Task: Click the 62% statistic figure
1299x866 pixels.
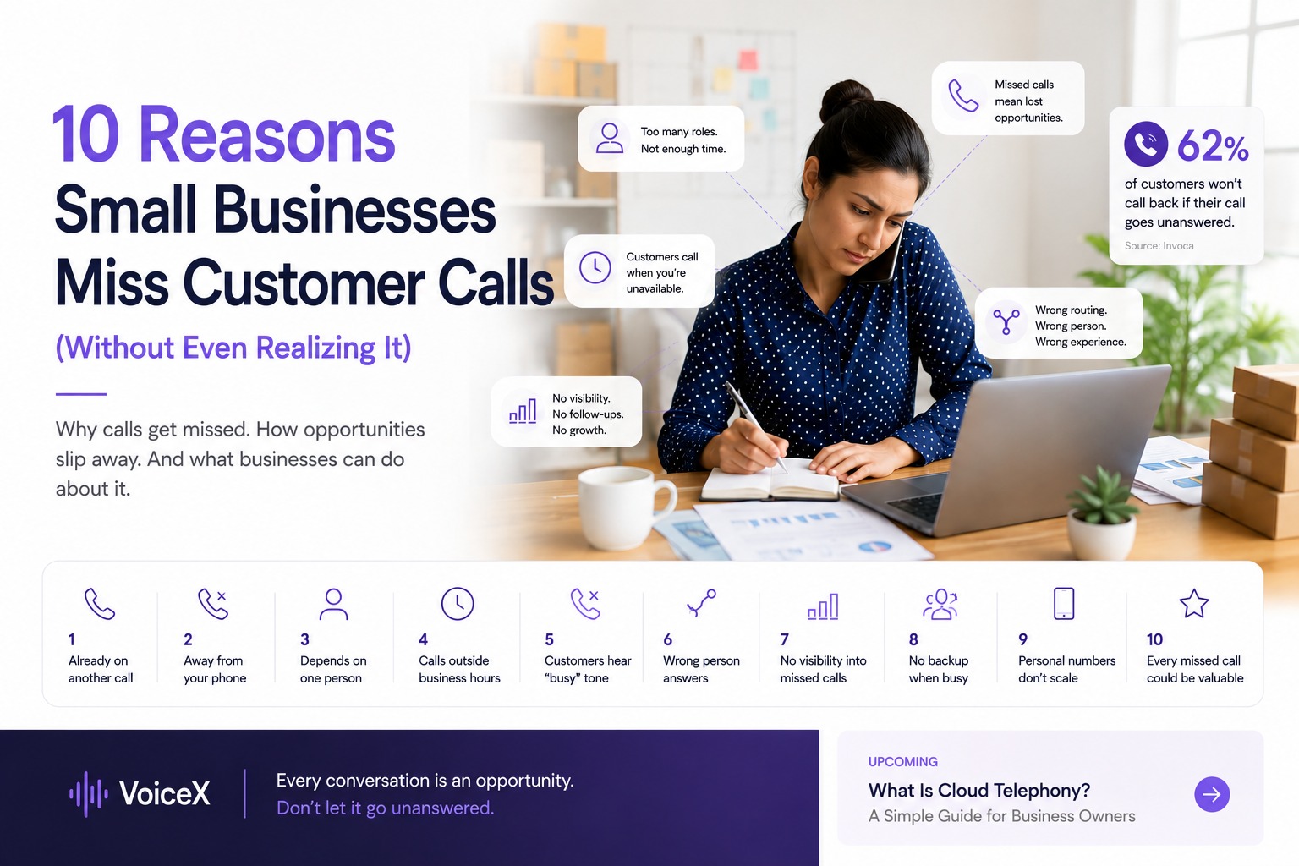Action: pos(1213,146)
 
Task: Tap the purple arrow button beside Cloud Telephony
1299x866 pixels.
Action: pos(1212,794)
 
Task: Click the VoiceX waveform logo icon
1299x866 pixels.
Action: pos(89,794)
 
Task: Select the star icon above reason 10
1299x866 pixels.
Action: pos(1194,604)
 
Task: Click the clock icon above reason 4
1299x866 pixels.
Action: pos(458,603)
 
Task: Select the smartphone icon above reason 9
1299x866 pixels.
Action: pos(1064,603)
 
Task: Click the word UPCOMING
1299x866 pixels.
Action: pos(902,762)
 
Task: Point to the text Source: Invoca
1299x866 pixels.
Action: pos(1159,246)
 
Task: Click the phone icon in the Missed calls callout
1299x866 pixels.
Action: pos(963,96)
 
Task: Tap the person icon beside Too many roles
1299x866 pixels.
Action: pos(609,138)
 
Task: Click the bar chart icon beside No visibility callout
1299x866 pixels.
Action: pos(523,411)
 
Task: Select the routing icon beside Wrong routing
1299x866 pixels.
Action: pos(1006,322)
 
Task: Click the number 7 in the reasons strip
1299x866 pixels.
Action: pos(785,639)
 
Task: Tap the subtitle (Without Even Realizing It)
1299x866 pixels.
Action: pos(233,348)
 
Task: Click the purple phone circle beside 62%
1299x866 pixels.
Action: pos(1146,144)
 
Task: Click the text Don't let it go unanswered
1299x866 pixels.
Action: pos(385,808)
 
